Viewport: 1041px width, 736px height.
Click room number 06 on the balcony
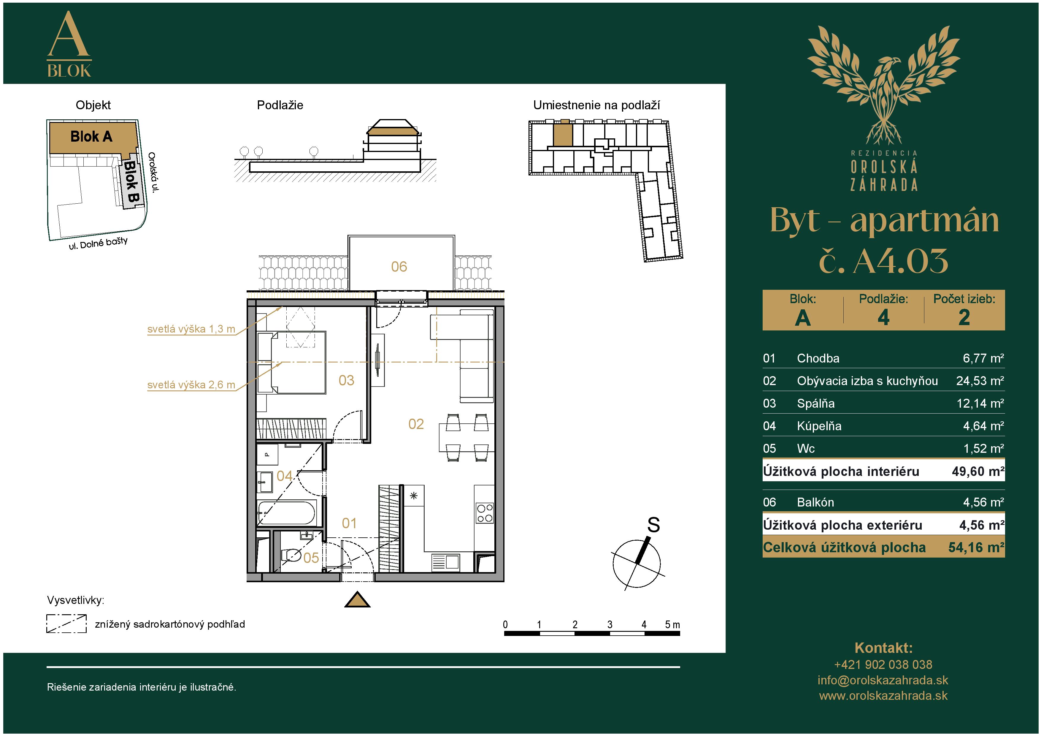point(399,267)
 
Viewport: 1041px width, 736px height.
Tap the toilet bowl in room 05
point(291,555)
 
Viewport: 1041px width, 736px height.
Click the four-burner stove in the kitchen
point(485,513)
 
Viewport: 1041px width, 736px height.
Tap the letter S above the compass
point(653,525)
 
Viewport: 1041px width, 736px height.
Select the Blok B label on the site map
point(131,182)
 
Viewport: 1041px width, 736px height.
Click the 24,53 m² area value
point(980,381)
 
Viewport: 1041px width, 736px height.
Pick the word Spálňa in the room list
point(816,403)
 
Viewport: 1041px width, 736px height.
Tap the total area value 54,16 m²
point(976,548)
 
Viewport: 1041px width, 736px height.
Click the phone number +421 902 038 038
point(883,665)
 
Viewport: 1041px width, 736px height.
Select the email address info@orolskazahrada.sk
point(883,680)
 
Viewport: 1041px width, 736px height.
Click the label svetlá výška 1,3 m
point(191,329)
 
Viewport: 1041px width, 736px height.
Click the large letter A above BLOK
point(69,34)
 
